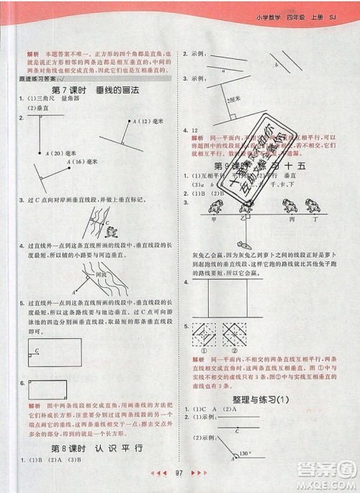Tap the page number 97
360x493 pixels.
coord(181,474)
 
